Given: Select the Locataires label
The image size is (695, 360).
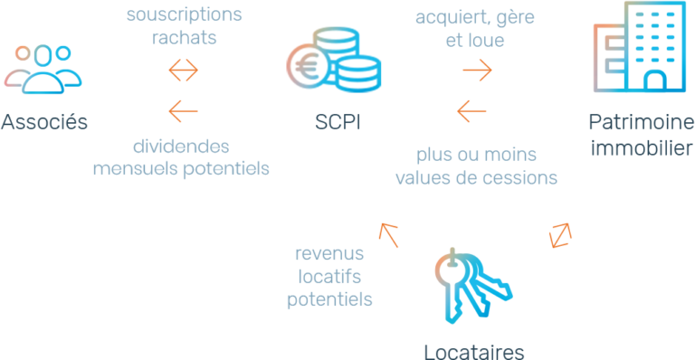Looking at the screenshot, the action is tap(473, 349).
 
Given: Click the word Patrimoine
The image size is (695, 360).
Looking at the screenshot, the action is tap(634, 122).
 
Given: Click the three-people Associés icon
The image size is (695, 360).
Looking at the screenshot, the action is tap(43, 69).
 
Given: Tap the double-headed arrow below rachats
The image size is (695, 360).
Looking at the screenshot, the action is tap(184, 69).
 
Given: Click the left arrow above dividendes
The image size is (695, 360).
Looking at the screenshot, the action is tap(184, 110).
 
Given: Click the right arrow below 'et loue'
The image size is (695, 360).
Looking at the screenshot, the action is tap(477, 69).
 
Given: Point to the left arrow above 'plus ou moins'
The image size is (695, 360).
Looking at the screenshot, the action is tap(471, 110).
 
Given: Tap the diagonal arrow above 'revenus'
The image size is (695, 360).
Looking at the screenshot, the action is tap(389, 235).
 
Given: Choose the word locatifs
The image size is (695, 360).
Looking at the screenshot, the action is tap(330, 276).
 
